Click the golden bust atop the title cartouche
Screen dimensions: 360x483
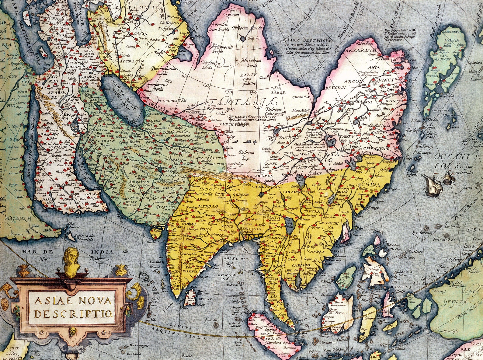(x=72, y=262)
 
